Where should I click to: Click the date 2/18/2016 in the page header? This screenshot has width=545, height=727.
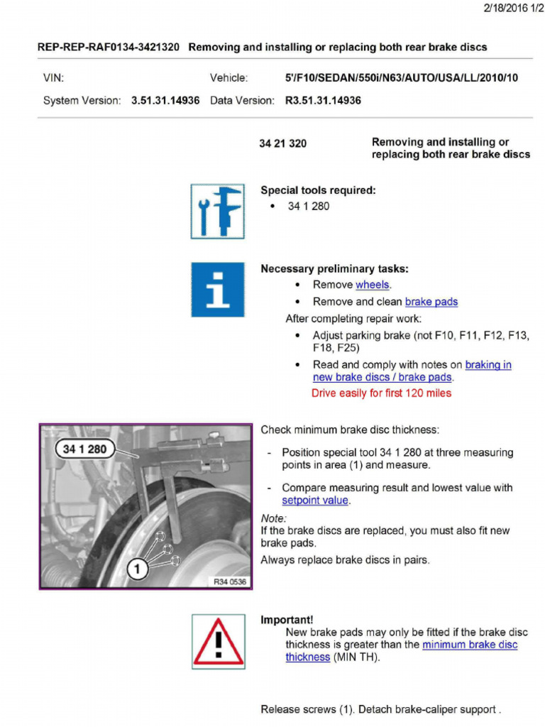(505, 8)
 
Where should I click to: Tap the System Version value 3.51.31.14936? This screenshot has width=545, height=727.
(165, 101)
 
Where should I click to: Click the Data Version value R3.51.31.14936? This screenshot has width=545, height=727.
(322, 101)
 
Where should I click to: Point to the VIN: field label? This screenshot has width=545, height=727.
(53, 78)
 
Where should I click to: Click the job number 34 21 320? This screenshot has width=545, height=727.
(282, 143)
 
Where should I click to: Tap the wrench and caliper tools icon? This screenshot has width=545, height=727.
(217, 211)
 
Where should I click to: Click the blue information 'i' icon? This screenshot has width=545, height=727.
(217, 289)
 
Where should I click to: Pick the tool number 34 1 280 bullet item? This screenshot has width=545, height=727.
(308, 207)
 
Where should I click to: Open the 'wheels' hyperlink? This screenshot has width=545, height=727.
(373, 285)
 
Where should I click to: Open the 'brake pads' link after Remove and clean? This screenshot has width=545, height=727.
(431, 302)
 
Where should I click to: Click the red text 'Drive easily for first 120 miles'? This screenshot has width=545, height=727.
(381, 393)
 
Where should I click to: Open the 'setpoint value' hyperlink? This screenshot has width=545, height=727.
(314, 501)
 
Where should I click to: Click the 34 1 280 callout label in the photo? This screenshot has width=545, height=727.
(84, 449)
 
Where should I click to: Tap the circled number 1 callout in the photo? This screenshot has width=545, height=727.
(137, 567)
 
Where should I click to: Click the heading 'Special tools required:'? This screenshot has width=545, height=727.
(318, 190)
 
